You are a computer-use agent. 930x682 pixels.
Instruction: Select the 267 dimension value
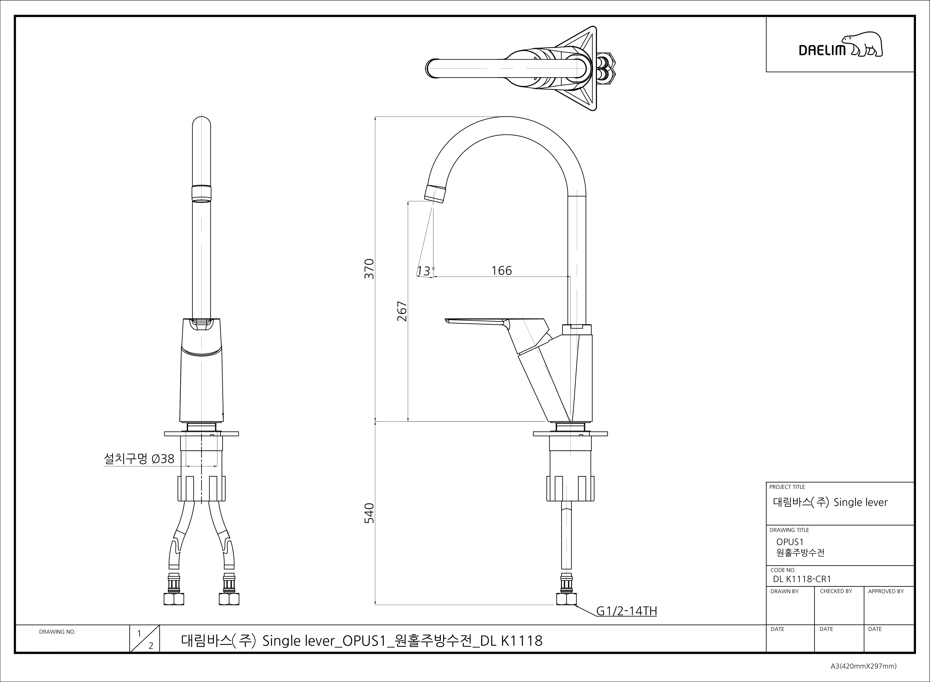tap(402, 311)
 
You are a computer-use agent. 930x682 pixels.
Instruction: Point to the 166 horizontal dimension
tap(502, 271)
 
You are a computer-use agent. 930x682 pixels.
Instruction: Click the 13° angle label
tap(425, 271)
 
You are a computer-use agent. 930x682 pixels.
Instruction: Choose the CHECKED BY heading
tap(836, 591)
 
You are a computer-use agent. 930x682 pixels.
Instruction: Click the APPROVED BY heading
tap(885, 591)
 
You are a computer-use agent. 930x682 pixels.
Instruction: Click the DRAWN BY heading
tap(784, 591)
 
